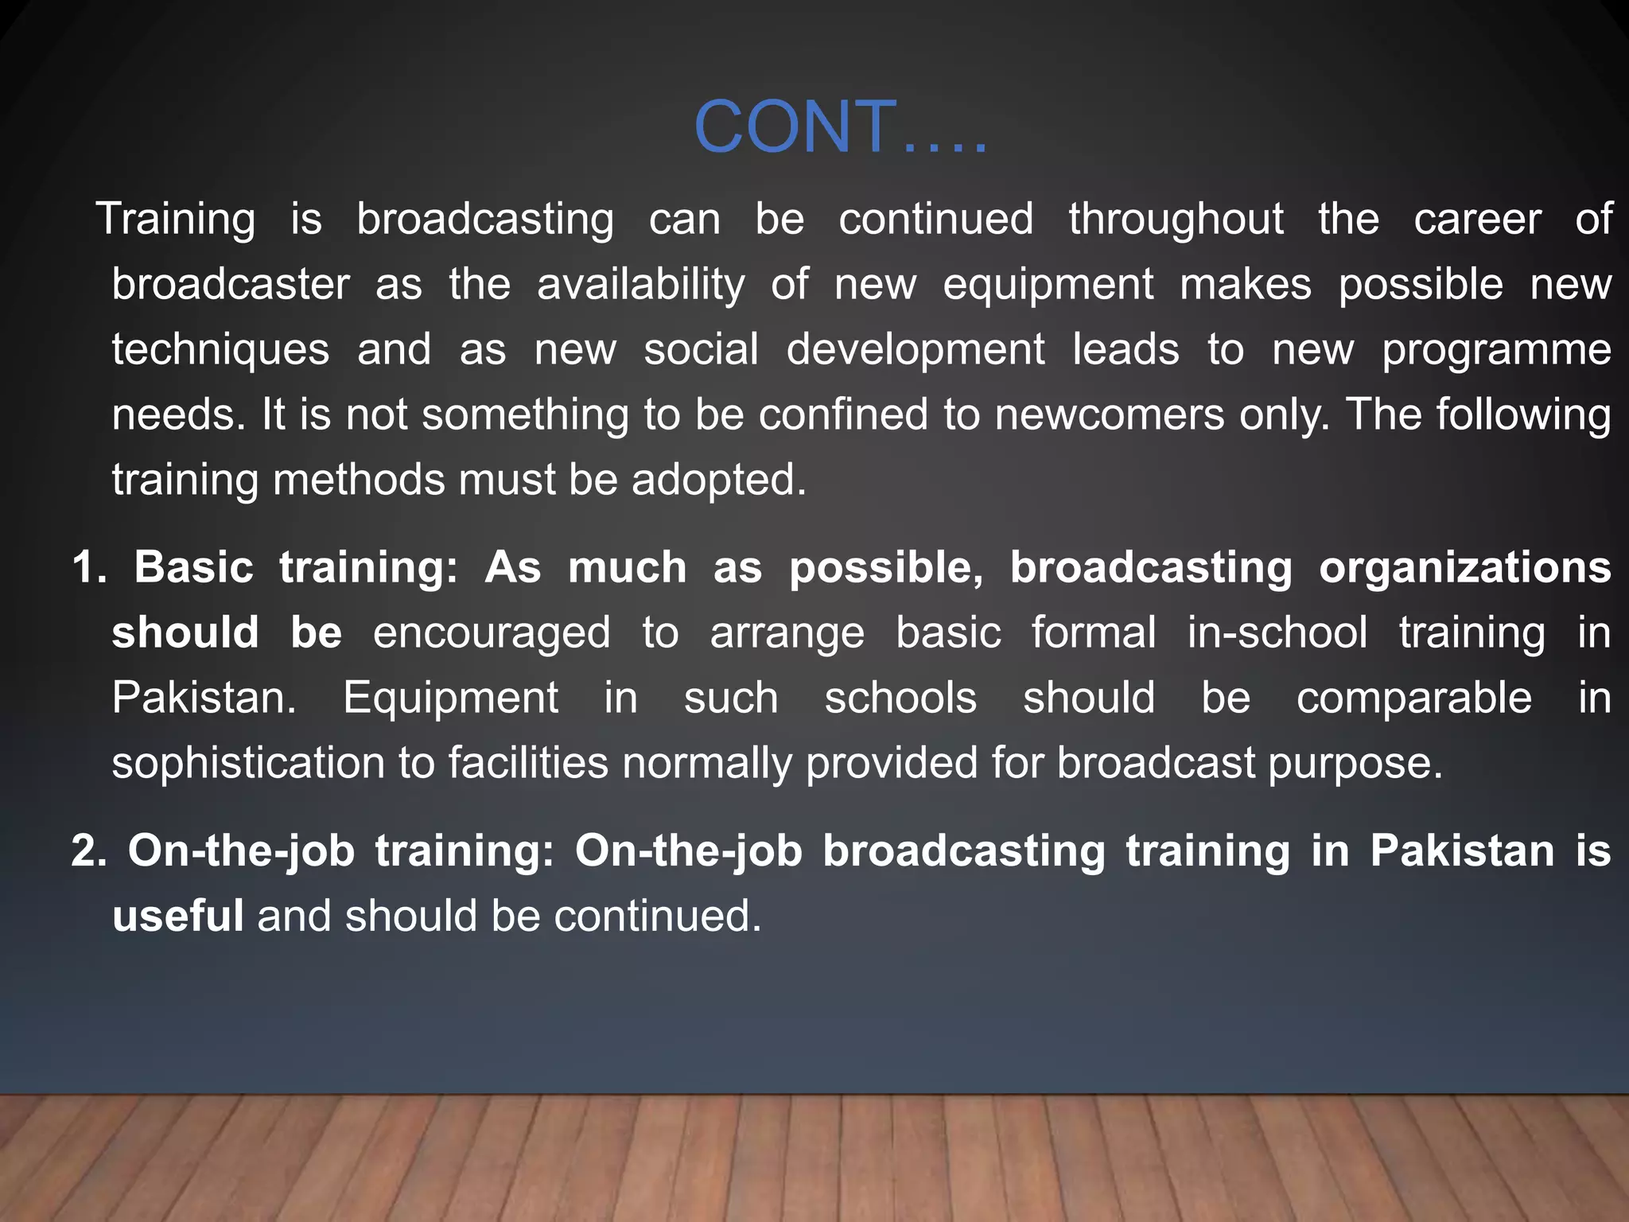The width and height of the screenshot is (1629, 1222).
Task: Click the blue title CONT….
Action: coord(840,127)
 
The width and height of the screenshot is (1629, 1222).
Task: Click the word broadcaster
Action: coord(231,284)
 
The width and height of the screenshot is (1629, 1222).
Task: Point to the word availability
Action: coord(641,286)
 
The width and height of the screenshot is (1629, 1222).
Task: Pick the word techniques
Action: coord(220,351)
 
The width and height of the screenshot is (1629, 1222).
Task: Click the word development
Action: coord(916,351)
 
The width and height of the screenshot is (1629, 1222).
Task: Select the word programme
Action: coord(1496,351)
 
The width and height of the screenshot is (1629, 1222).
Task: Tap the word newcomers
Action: coord(1110,414)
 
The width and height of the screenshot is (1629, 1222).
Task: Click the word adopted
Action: coord(719,481)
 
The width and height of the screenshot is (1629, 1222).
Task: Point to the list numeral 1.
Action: coord(88,568)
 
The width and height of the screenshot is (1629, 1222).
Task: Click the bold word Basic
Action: coord(193,568)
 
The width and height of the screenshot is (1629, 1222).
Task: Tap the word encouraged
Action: coord(492,634)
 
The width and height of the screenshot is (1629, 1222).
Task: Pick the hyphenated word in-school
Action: coord(1277,633)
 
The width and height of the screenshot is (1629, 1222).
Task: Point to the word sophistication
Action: coord(248,764)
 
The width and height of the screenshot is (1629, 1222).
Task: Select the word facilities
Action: coord(528,764)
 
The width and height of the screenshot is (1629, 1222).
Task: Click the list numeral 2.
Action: coord(88,851)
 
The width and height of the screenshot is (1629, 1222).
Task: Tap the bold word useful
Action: coord(177,916)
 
